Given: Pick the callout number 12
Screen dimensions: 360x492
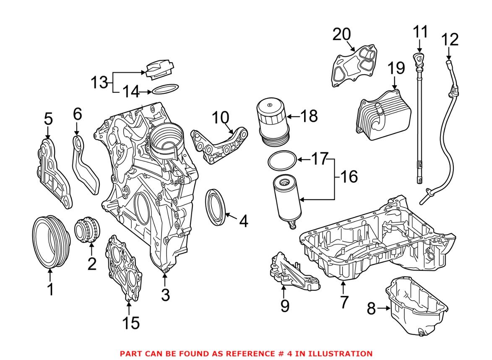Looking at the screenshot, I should (x=450, y=40).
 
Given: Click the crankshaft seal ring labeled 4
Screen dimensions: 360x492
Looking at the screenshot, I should (x=217, y=207).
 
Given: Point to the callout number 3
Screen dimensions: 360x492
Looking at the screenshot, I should (x=165, y=295).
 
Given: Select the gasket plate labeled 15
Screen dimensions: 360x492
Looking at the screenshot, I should (x=122, y=269).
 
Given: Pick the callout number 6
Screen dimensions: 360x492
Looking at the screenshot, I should (x=77, y=114).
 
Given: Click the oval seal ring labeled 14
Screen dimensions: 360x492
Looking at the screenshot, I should (x=164, y=90).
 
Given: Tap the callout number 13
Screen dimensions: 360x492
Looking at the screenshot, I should (x=100, y=82).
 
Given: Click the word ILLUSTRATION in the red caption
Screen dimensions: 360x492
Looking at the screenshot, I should (x=341, y=353).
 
